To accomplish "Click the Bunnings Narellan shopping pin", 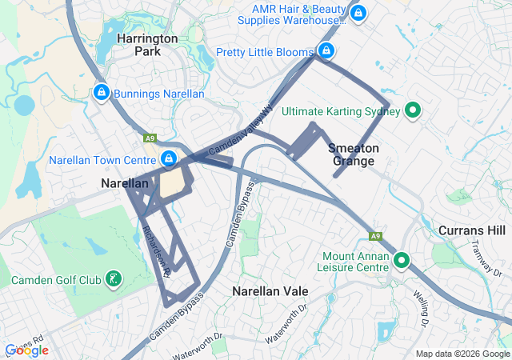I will click(101, 93).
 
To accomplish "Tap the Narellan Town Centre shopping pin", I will click(169, 158).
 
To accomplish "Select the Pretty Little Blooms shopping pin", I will click(326, 51).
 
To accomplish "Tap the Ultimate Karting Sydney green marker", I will click(413, 110).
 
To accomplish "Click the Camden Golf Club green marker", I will click(114, 279).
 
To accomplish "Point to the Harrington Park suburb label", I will click(148, 44).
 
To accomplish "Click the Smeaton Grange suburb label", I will click(352, 154).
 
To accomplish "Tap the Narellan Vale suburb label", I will click(271, 290).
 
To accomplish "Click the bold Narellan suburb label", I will click(125, 183).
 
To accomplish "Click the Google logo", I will click(26, 350).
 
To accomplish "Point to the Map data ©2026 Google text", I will click(462, 354).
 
